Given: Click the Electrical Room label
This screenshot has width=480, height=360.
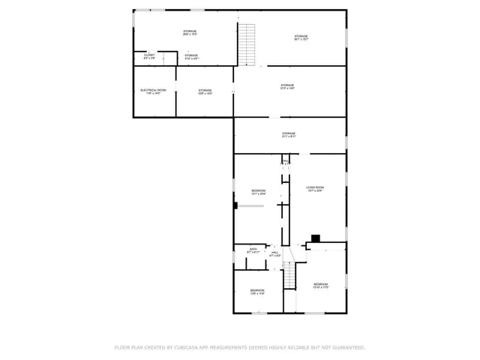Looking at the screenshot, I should coord(152,90).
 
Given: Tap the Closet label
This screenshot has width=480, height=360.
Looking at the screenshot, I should coord(149,54).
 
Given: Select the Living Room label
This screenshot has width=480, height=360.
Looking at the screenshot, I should coord(314,187).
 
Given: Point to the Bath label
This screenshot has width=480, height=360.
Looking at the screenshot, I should coord(253,248).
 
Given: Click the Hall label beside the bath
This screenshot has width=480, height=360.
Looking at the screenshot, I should coord(275,252).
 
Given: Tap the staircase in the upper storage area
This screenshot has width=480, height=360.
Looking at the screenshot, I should coord(247,43).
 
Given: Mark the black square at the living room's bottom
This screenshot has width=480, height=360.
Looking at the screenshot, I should coord(316,238).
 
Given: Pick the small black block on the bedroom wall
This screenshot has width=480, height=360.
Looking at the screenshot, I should coord(235,205).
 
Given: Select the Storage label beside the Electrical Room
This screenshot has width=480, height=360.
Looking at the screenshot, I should coord(205,90).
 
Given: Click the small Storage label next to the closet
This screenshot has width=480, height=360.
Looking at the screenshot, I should coord(192,55).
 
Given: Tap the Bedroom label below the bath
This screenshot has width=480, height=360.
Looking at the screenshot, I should coord(257,289).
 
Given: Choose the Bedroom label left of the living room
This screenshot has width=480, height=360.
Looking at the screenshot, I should coord(258,190).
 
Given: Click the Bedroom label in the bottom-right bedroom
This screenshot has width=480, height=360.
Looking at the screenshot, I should coord(320,283).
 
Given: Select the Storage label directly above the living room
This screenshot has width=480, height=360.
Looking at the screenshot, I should coord(289,133).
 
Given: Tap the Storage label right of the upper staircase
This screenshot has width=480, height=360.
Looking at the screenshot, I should coord(301,36).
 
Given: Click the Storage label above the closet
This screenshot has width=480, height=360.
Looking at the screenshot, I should coord(190,31).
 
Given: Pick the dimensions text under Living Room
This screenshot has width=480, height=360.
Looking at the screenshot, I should coord(314,190).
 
